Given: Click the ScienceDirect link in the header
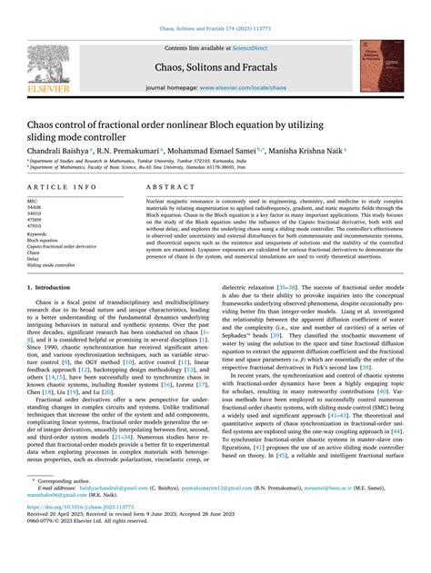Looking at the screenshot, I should click(x=257, y=48).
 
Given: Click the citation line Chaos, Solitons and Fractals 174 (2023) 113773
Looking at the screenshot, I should click(x=215, y=28).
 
